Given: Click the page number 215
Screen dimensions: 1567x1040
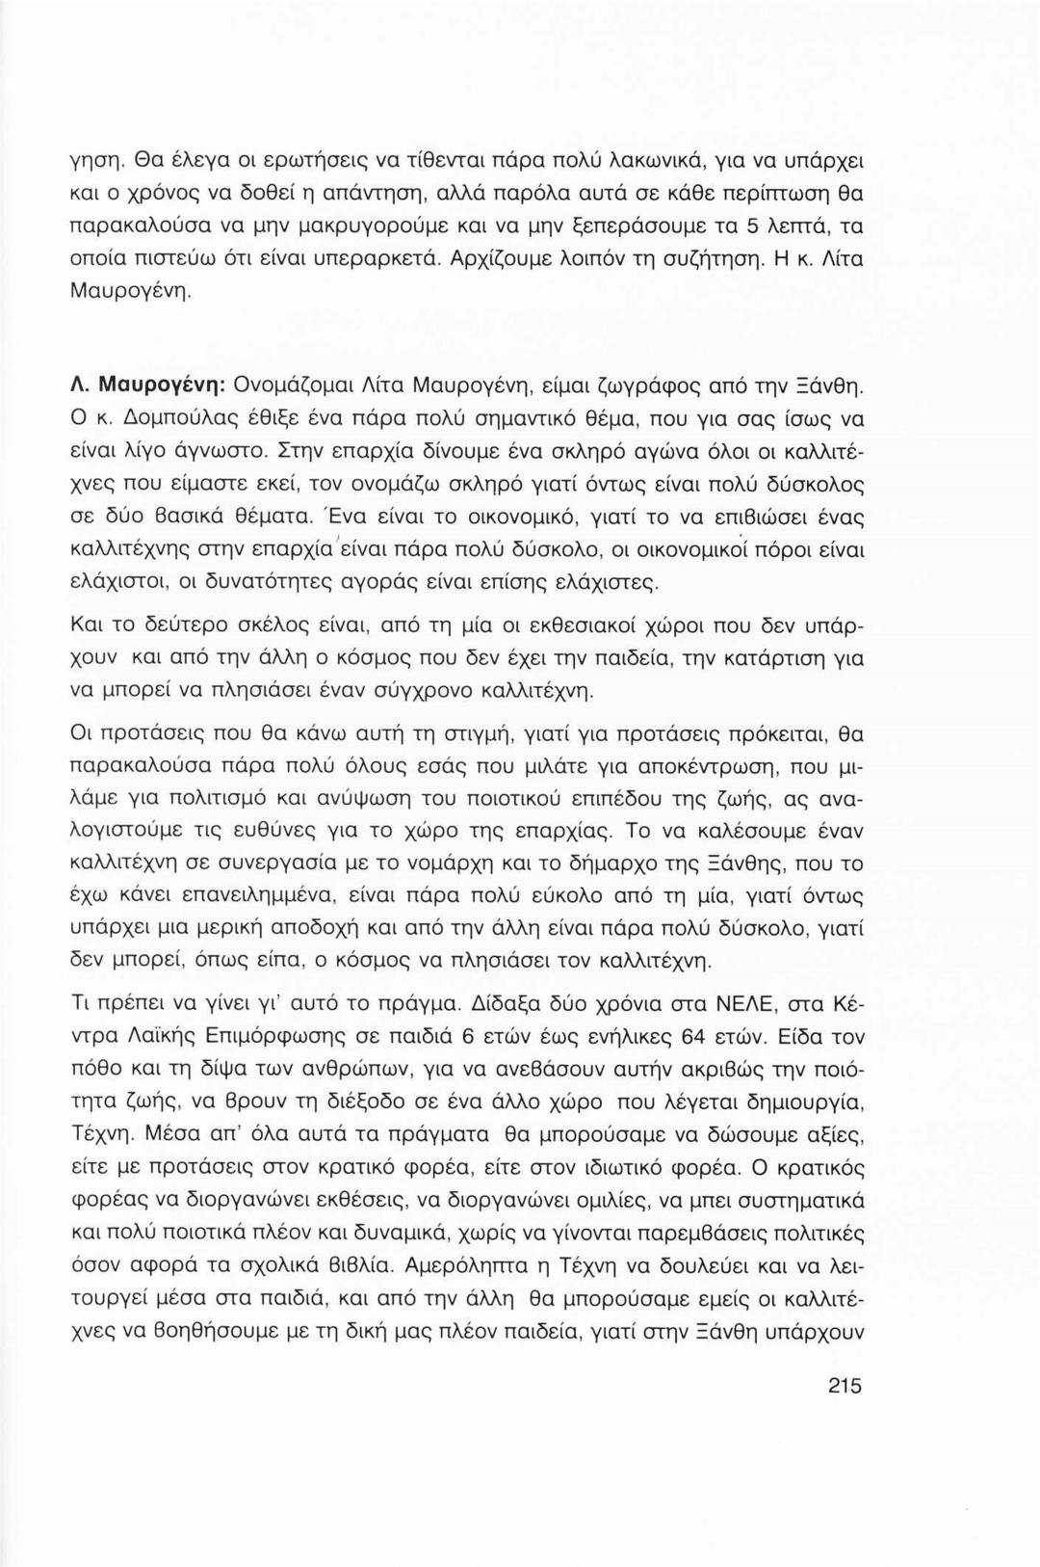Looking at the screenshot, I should (x=843, y=1387).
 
